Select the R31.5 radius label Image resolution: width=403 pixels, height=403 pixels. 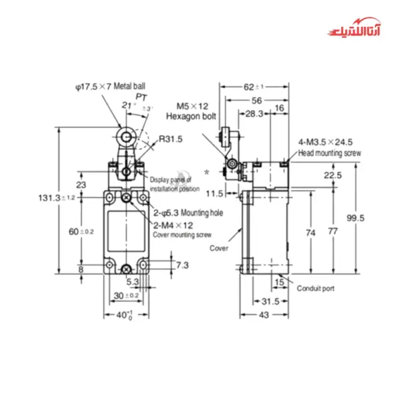pyautogui.click(x=171, y=139)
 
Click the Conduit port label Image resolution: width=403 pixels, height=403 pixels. pyautogui.click(x=316, y=288)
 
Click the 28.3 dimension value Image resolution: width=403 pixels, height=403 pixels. pyautogui.click(x=253, y=115)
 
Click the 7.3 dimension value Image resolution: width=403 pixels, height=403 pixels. pyautogui.click(x=183, y=265)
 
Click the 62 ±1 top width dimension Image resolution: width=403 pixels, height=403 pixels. pyautogui.click(x=253, y=87)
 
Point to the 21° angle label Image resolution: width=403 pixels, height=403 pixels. pyautogui.click(x=129, y=105)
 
